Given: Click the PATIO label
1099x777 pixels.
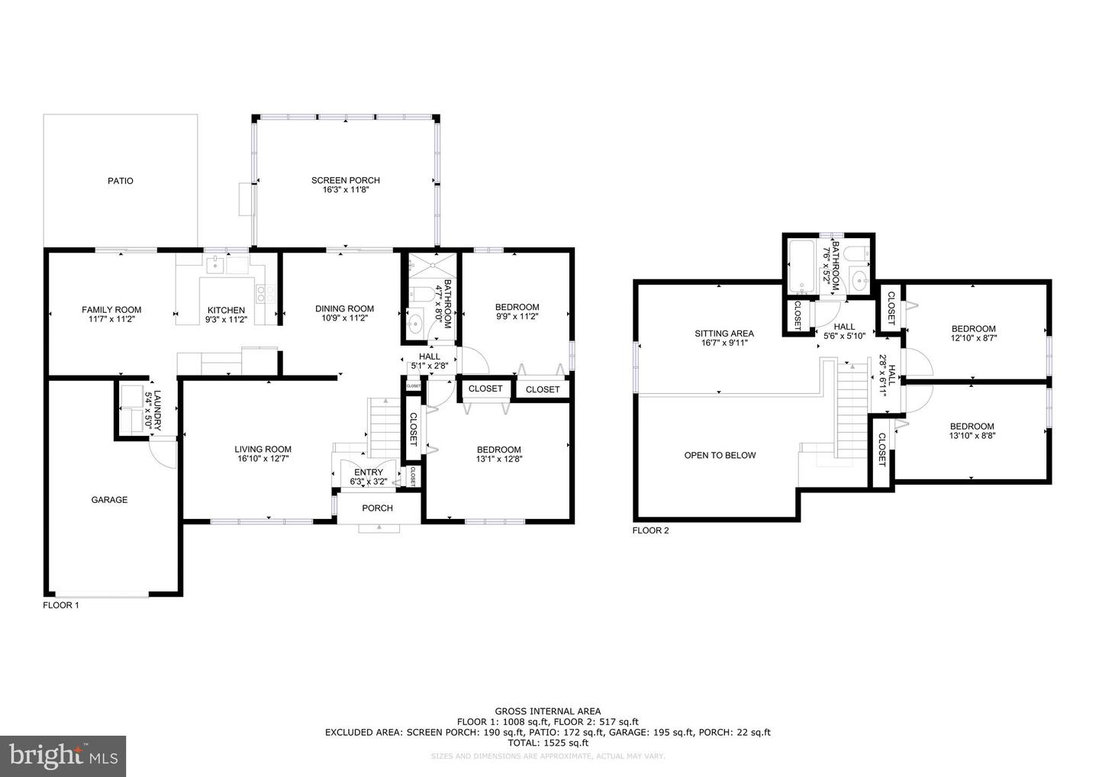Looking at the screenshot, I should pyautogui.click(x=120, y=181).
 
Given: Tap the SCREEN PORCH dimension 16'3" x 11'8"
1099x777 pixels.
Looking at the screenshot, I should pyautogui.click(x=345, y=190).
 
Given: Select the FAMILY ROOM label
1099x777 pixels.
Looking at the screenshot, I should pyautogui.click(x=111, y=310).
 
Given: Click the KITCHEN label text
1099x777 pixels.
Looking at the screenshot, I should pyautogui.click(x=227, y=311).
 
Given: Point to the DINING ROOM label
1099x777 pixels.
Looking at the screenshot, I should pyautogui.click(x=344, y=309).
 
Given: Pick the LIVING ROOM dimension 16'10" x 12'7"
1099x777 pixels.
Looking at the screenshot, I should pyautogui.click(x=263, y=459).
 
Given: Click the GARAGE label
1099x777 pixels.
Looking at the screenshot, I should pyautogui.click(x=109, y=500).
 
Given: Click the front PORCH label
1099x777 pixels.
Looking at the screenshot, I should pyautogui.click(x=377, y=508).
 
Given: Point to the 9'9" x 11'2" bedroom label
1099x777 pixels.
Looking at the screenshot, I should pyautogui.click(x=517, y=308).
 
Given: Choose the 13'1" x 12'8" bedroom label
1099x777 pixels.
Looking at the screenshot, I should pyautogui.click(x=498, y=450).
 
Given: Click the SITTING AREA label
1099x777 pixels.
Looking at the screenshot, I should pyautogui.click(x=724, y=334).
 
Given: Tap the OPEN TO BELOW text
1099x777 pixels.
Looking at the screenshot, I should pyautogui.click(x=720, y=456).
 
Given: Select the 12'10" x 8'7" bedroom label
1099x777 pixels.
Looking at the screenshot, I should pyautogui.click(x=972, y=329).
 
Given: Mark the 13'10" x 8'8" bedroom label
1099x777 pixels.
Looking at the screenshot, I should pyautogui.click(x=972, y=427).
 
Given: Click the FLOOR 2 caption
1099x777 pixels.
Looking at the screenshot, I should pyautogui.click(x=650, y=530).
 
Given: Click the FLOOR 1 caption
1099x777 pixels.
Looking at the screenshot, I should pyautogui.click(x=60, y=605).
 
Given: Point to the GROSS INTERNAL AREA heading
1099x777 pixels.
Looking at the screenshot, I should pyautogui.click(x=547, y=711).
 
